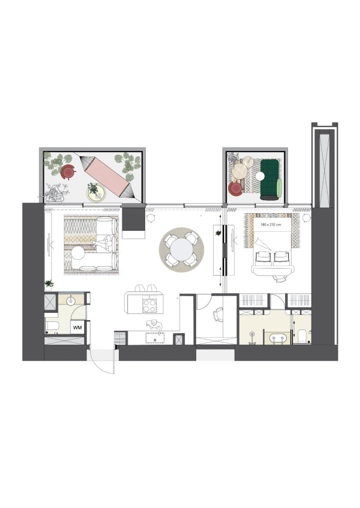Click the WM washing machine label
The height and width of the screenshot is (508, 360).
[77, 328]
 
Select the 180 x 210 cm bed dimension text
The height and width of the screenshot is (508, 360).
[270, 224]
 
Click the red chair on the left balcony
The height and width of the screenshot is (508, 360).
[68, 172]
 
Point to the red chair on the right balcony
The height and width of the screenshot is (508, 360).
[235, 188]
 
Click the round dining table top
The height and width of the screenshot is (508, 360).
[181, 249]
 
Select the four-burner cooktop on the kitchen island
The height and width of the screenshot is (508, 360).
[149, 305]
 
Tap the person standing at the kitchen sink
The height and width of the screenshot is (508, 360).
[155, 326]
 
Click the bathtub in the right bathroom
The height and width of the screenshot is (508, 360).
[278, 338]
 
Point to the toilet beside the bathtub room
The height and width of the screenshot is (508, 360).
[302, 336]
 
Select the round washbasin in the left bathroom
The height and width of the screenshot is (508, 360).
[71, 301]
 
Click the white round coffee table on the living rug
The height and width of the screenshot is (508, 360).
[78, 253]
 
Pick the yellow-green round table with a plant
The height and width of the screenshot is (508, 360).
[96, 193]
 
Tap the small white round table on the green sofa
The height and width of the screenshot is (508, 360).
[260, 176]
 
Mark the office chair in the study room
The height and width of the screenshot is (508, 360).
[218, 314]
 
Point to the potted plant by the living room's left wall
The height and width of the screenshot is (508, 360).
[49, 283]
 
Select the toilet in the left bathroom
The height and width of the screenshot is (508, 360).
[52, 325]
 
